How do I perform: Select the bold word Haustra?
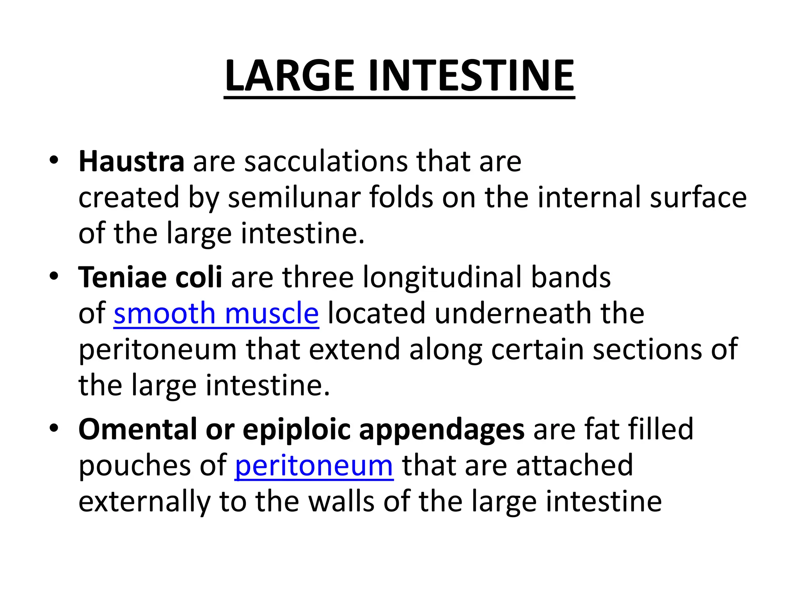[x=131, y=161]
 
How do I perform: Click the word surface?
[x=698, y=197]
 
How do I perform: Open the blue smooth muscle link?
[x=216, y=313]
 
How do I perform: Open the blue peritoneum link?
[x=314, y=466]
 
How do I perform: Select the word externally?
[x=144, y=502]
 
